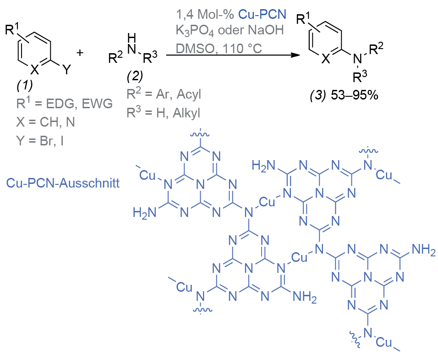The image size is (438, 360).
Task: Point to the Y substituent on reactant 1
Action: [x=67, y=69]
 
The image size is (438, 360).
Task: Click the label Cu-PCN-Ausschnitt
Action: [x=62, y=183]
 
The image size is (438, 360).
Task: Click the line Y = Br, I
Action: [x=40, y=140]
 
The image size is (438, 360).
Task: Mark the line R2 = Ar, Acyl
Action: [x=164, y=94]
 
